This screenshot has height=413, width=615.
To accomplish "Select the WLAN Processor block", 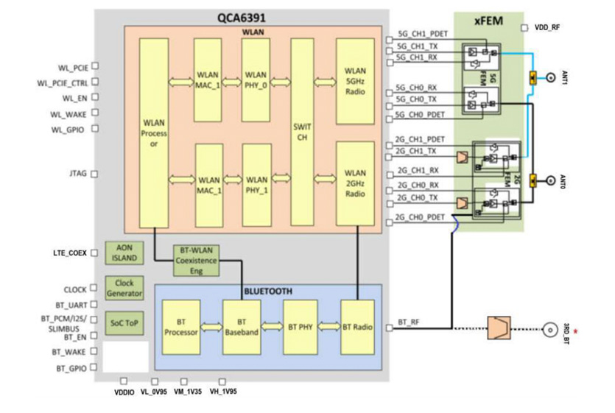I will tap(153, 132).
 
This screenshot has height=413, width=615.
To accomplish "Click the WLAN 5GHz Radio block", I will tap(355, 80).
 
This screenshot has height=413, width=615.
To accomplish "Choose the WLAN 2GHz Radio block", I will tap(355, 184).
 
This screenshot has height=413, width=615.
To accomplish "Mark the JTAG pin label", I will tap(77, 174).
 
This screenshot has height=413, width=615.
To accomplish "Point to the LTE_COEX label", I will tap(71, 253).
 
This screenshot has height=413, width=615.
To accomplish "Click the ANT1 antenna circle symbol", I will tap(549, 77).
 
